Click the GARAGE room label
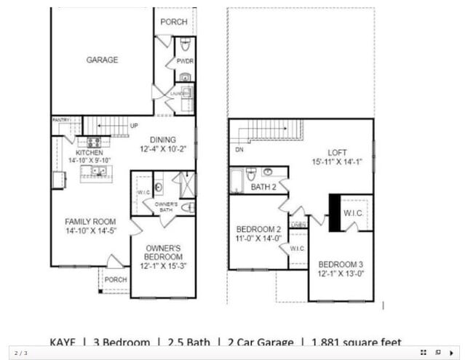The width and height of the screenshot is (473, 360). (102, 60)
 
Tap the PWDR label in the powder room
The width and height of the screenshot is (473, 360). (184, 63)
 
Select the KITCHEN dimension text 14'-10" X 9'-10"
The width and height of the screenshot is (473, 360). (90, 160)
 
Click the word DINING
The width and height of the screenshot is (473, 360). (164, 140)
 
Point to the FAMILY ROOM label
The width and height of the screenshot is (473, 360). (91, 222)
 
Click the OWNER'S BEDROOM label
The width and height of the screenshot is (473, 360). (163, 252)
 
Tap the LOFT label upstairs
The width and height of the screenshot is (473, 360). (337, 153)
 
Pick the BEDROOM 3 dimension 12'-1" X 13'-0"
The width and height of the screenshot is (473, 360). (341, 274)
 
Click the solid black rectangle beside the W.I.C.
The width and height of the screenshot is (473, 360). (335, 212)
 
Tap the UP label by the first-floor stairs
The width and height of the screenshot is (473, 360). (134, 126)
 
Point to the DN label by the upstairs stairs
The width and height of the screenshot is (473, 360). (240, 149)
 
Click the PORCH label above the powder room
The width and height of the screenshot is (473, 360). (174, 22)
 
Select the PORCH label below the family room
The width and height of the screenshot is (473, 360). (115, 279)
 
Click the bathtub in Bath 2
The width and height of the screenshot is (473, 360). (237, 180)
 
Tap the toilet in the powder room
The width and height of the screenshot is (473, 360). (185, 44)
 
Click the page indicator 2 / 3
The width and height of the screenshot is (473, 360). (21, 353)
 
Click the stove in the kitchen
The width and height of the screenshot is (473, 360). (94, 143)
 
